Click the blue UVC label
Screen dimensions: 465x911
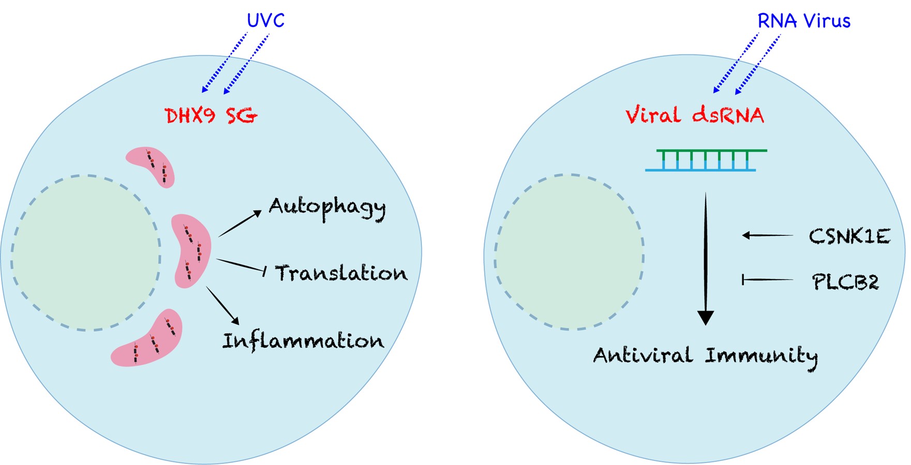tap(265, 21)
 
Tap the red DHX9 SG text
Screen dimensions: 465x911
tap(211, 116)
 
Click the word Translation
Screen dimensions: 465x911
tap(341, 273)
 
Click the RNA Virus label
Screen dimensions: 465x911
tap(803, 21)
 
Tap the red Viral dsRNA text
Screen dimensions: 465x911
tap(695, 115)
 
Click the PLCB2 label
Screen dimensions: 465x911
tap(845, 282)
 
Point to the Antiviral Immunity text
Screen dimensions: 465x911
tap(706, 356)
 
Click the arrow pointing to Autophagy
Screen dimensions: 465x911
tap(240, 223)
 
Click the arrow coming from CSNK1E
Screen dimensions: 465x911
tap(767, 235)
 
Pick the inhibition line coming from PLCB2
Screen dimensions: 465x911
tap(767, 280)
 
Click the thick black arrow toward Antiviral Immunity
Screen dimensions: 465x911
tap(706, 259)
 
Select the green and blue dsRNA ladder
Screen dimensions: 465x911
tap(706, 160)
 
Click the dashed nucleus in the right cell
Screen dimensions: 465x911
tap(569, 252)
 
